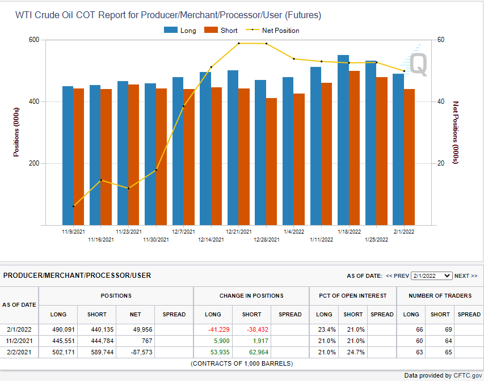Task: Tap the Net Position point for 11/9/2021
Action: (x=74, y=206)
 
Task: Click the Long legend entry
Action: (x=180, y=30)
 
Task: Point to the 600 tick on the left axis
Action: (x=33, y=40)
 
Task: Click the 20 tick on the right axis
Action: (x=441, y=163)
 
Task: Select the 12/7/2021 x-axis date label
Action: (x=183, y=232)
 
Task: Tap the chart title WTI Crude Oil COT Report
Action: (x=168, y=15)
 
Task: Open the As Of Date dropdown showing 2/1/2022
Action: (x=431, y=276)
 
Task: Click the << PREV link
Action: (x=397, y=276)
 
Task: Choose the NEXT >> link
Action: (x=466, y=276)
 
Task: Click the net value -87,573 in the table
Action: (x=134, y=352)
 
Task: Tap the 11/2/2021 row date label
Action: (x=19, y=341)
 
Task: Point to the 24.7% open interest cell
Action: (x=353, y=352)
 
